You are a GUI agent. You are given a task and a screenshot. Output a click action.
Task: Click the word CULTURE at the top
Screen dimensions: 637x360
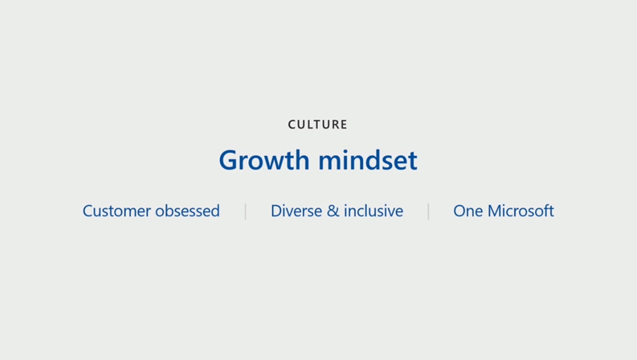point(318,124)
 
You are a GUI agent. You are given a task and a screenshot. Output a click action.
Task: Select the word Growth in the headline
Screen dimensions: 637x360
point(264,160)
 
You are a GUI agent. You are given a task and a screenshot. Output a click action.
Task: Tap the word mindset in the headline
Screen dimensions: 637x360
point(368,160)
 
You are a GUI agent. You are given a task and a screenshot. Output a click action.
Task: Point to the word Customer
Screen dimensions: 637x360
point(116,211)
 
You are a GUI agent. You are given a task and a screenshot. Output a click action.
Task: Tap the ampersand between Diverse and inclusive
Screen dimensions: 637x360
point(333,211)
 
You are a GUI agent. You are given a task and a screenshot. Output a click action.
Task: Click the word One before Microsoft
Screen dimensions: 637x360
point(468,211)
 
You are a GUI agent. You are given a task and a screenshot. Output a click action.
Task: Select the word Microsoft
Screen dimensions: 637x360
point(521,211)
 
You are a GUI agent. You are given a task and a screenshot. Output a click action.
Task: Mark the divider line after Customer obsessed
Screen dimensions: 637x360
point(245,211)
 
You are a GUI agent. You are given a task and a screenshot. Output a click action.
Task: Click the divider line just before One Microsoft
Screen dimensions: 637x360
point(428,211)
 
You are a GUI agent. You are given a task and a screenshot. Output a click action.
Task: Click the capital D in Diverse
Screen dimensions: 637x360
point(277,211)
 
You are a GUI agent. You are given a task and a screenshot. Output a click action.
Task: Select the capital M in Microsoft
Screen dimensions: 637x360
point(496,211)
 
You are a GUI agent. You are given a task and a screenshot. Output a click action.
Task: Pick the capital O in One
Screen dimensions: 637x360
point(460,211)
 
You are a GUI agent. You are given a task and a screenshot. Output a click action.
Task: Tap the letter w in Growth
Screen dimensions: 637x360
point(280,163)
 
